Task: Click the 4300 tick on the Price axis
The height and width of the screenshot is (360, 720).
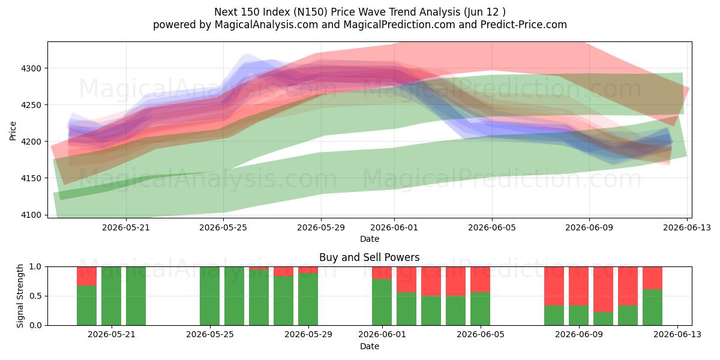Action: coord(31,68)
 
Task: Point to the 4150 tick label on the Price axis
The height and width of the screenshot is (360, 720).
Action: coord(31,178)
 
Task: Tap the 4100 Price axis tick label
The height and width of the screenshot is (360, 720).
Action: coord(31,215)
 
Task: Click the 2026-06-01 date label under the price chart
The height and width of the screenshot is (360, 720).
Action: coord(394,228)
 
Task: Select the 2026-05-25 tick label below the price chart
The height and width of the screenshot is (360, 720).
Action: coord(223,228)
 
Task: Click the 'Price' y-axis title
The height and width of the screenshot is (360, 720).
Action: coord(13,131)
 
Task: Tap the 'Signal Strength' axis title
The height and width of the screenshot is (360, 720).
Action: coord(20,296)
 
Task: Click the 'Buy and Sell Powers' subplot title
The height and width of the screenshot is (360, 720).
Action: coord(370,257)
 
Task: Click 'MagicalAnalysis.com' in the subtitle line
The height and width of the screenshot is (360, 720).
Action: coord(266,25)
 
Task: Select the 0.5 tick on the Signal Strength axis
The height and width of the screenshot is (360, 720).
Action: coord(35,296)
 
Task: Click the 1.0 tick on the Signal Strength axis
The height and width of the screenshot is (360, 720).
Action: coord(35,267)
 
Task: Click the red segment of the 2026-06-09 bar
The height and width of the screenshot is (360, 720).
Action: coord(578,286)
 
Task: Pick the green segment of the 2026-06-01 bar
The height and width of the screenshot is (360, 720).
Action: coord(382,302)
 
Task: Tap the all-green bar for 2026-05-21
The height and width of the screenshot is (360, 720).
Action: coord(111,296)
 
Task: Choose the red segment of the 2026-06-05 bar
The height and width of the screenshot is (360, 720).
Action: coord(480,280)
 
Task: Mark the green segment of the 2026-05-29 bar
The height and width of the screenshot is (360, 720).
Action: coord(308,299)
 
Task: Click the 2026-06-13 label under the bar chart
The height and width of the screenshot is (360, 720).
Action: coord(677,335)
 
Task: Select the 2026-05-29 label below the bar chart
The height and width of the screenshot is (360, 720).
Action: coord(308,335)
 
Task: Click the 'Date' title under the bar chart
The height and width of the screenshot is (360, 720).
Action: coord(370,347)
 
